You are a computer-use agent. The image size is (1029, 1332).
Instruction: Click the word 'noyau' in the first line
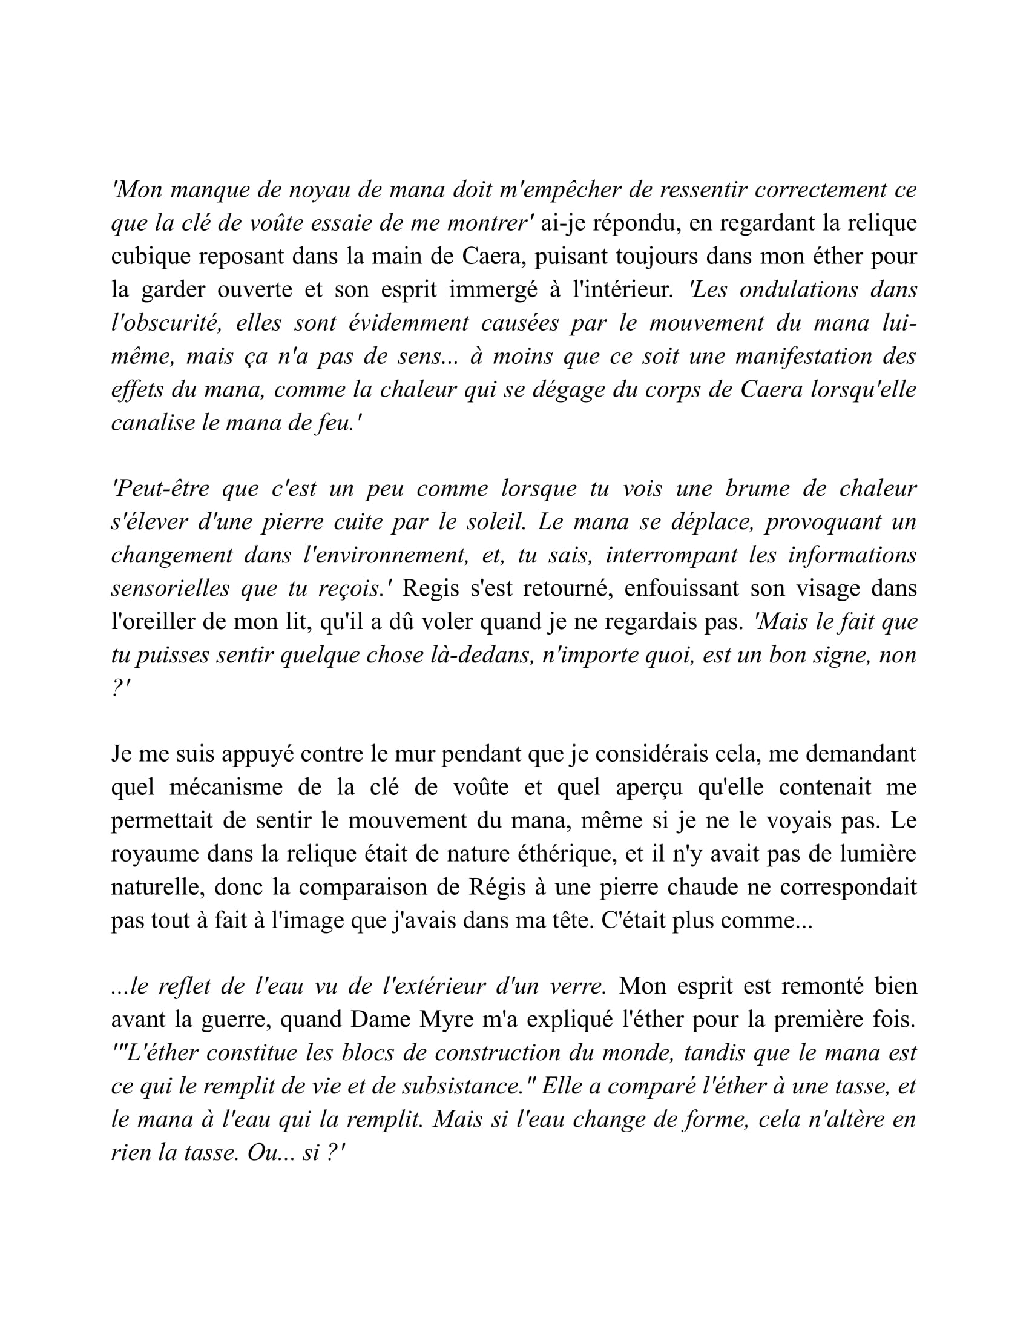click(x=319, y=190)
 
